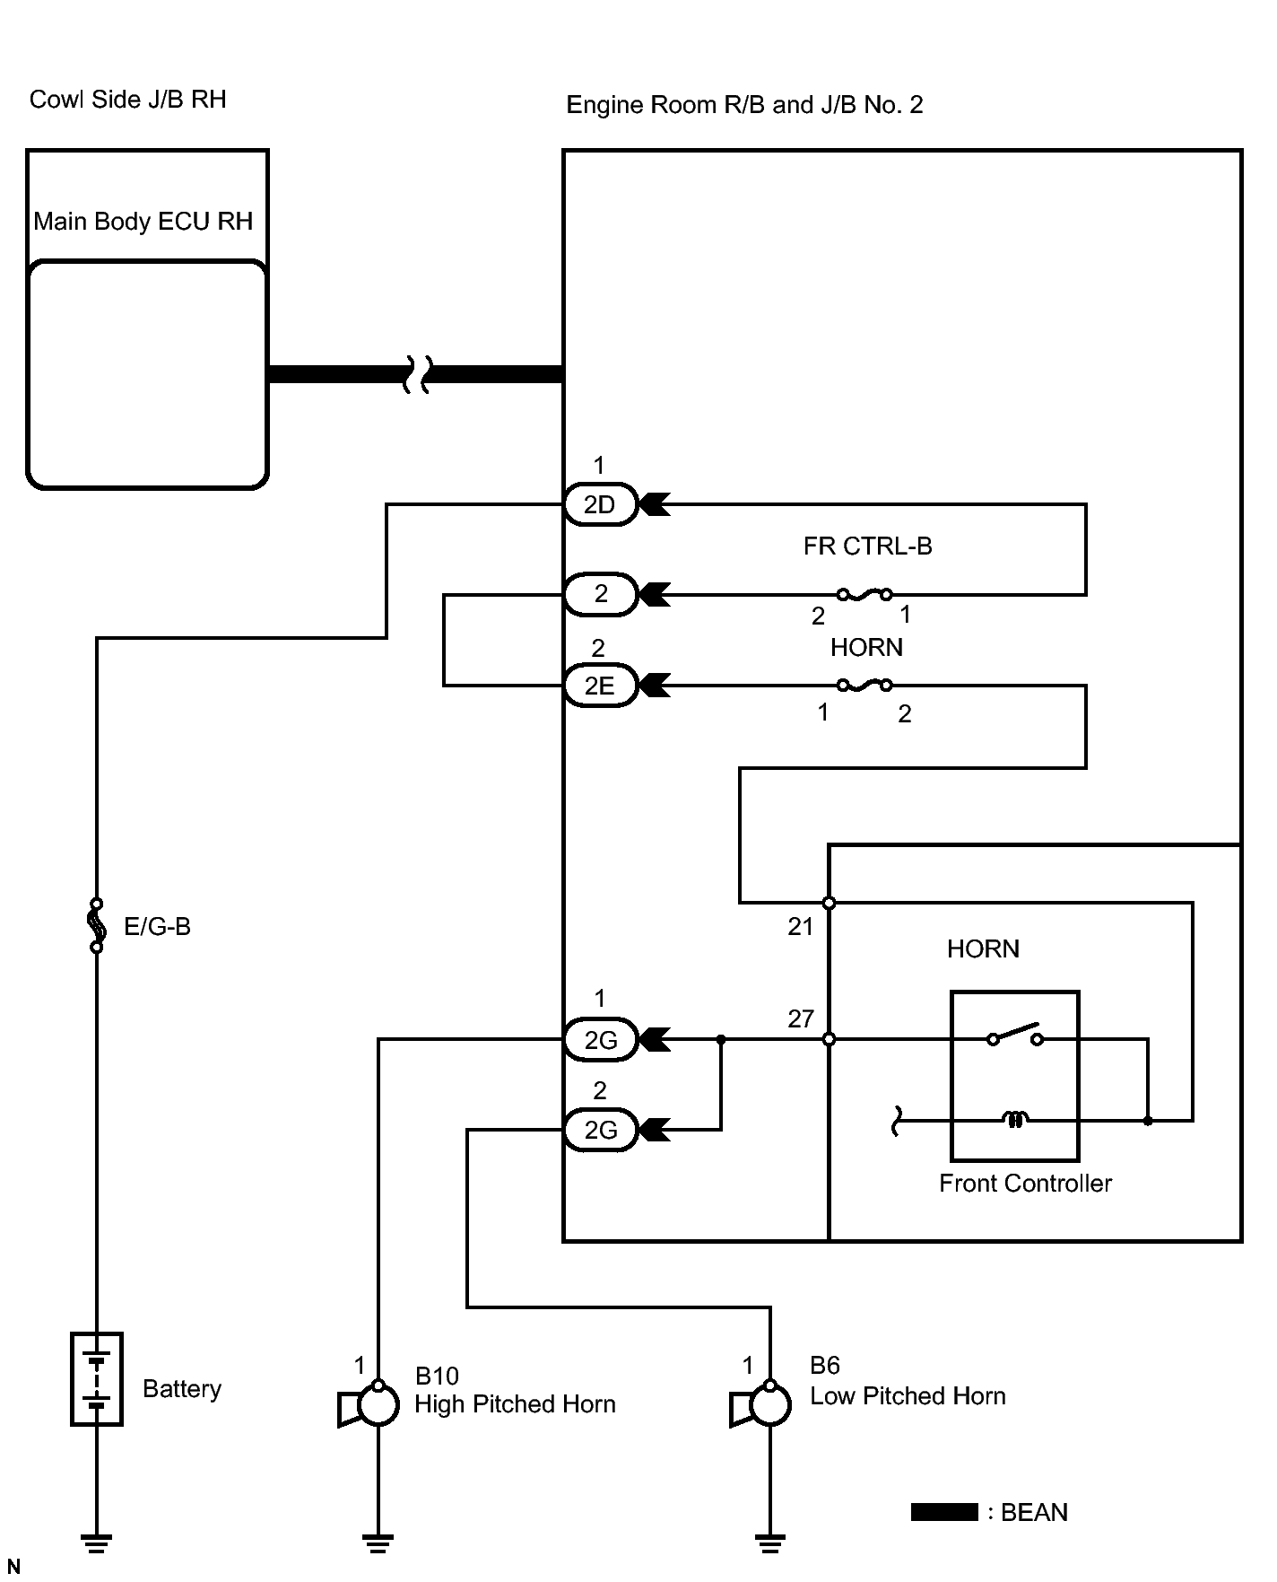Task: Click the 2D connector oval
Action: coord(600,504)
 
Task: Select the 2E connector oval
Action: coord(600,686)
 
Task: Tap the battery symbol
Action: coord(97,1379)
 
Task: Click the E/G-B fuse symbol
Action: coord(97,925)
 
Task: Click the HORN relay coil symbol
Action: coord(1015,1119)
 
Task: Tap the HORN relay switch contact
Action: coord(1015,1035)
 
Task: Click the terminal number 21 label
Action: coord(800,927)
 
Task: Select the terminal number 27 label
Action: coord(800,1018)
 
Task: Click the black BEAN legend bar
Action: coord(944,1512)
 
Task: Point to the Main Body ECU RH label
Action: coord(143,222)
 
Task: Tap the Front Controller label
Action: coord(1025,1184)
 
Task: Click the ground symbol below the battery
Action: coord(97,1543)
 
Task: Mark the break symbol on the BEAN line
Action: coord(416,374)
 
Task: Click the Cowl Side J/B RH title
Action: coord(127,99)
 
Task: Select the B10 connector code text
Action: coord(437,1377)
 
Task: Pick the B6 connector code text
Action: coord(824,1366)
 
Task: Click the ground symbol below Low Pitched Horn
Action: coord(770,1543)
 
